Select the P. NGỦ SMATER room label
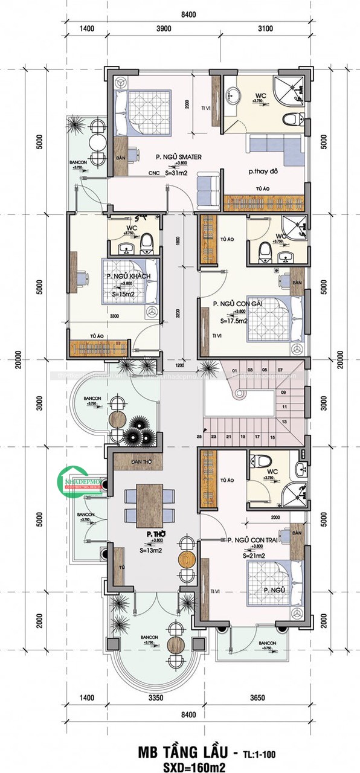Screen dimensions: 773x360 point(178,157)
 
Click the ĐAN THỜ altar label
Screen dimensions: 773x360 point(140,463)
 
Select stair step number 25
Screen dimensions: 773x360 point(199,436)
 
